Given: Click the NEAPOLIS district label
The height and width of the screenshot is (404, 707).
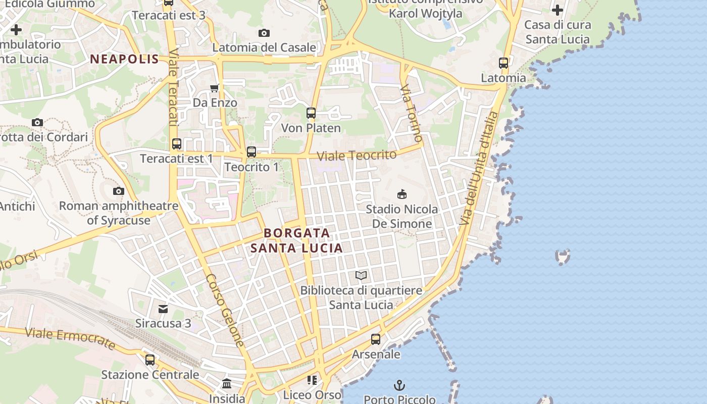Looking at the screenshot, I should [124, 59].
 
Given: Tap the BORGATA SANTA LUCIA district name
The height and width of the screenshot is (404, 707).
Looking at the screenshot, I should [297, 240].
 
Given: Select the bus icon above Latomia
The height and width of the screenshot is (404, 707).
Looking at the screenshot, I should [503, 63].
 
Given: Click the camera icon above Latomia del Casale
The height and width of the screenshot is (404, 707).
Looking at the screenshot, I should [264, 33].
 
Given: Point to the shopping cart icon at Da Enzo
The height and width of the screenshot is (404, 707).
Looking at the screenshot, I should [215, 88].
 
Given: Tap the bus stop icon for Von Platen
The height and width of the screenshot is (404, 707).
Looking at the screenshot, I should [311, 113].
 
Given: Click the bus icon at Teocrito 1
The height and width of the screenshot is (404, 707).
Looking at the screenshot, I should [251, 152].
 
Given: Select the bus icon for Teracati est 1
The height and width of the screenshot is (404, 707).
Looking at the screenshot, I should [176, 144].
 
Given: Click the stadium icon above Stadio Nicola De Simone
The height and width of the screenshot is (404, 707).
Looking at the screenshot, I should [402, 194].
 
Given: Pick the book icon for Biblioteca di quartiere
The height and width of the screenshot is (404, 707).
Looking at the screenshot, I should [361, 275].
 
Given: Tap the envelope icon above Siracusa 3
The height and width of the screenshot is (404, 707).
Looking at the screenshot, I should [163, 309].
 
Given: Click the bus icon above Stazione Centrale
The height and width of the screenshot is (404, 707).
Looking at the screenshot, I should [150, 360].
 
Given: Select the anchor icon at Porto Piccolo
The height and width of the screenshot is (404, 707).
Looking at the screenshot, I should [399, 385].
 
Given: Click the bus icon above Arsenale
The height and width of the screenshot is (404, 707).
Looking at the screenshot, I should [376, 339].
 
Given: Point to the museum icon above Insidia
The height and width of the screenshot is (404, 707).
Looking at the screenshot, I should [227, 384].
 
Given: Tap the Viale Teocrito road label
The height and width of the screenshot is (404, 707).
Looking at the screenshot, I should [357, 156].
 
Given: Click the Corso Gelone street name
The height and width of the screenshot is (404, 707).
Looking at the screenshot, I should [226, 310].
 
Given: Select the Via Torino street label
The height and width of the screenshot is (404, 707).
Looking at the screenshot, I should [411, 114].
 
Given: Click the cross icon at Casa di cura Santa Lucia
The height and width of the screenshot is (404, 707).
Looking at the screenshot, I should [558, 10].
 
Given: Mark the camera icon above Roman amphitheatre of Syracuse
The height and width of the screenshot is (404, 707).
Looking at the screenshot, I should [119, 191].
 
